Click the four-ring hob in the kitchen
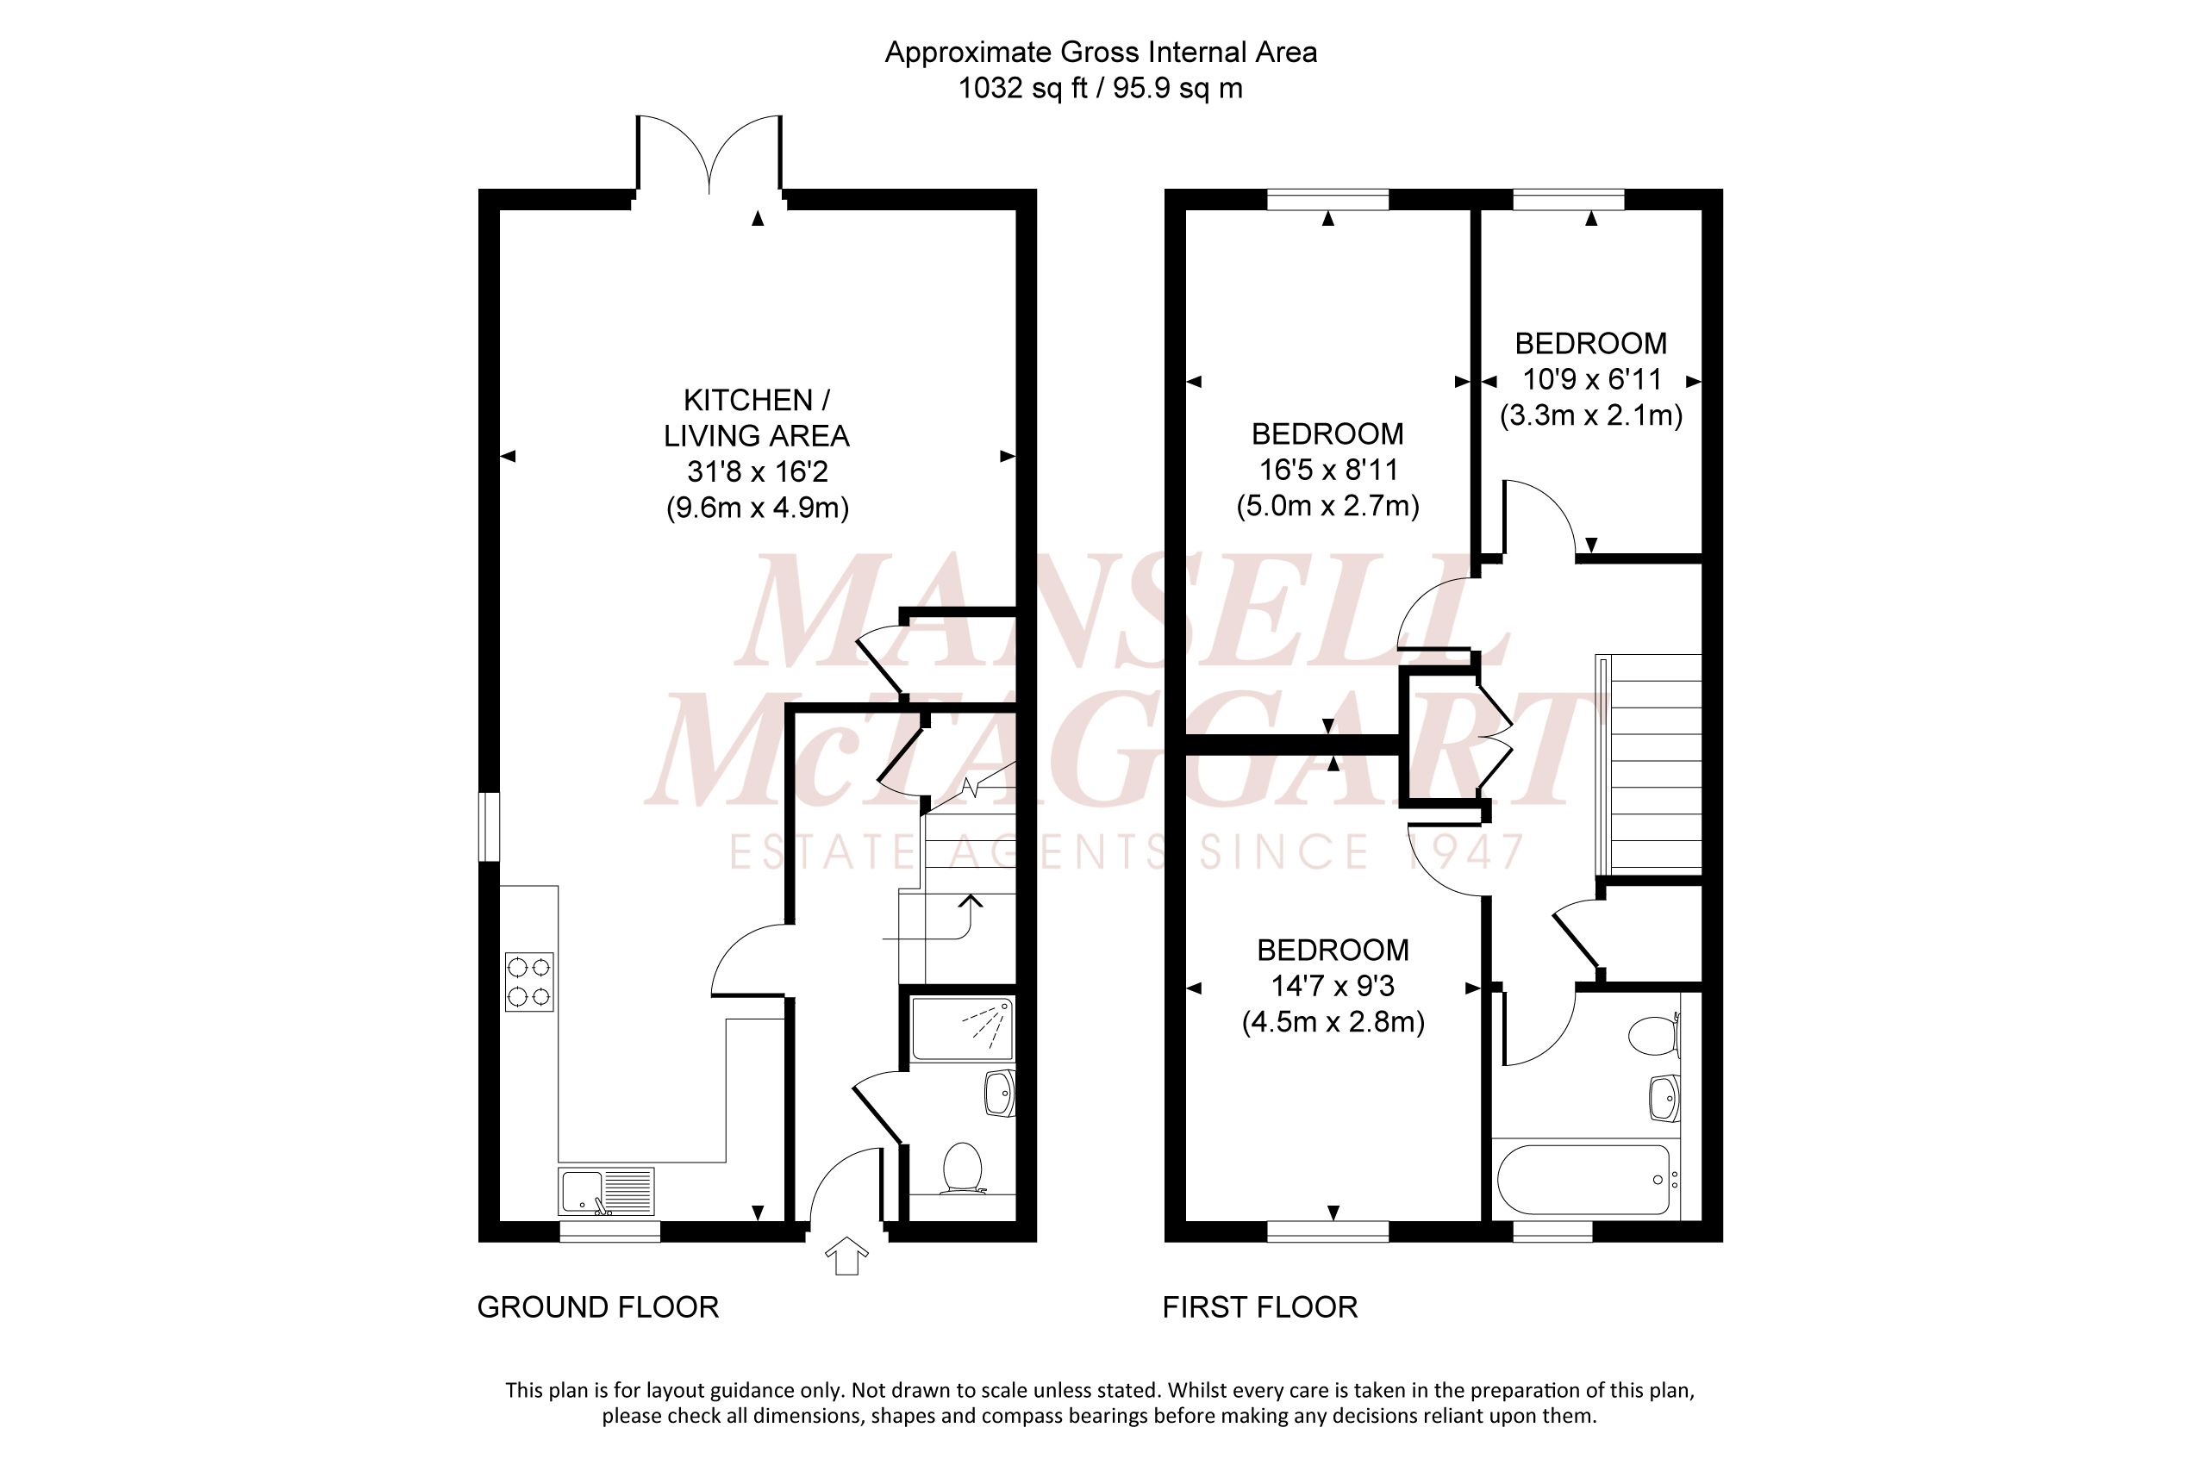click(x=529, y=982)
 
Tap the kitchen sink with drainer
click(x=606, y=1191)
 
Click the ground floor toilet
click(x=962, y=1169)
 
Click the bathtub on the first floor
click(x=1583, y=1179)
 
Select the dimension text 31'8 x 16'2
click(x=757, y=472)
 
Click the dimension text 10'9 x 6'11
click(x=1591, y=380)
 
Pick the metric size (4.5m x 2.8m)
click(x=1333, y=1022)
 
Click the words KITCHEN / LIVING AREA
click(x=756, y=418)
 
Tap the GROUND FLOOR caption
click(x=598, y=1307)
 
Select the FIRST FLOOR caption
click(x=1259, y=1307)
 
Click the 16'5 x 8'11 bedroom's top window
click(x=1327, y=199)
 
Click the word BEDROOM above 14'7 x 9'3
click(x=1333, y=951)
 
